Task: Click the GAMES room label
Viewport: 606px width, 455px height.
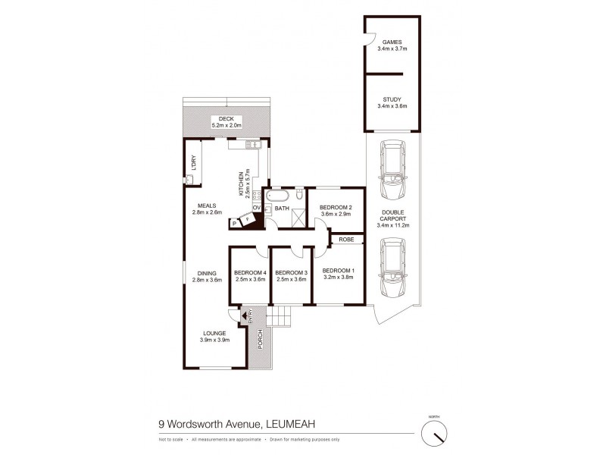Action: click(392, 42)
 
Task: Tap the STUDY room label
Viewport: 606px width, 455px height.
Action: click(392, 99)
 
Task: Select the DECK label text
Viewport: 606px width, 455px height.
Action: click(226, 119)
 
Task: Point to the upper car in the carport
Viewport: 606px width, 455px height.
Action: click(392, 171)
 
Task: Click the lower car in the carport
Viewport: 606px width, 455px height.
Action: click(392, 269)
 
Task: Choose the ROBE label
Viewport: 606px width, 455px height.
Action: click(346, 240)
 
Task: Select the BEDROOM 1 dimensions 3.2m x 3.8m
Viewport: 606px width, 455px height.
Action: click(338, 278)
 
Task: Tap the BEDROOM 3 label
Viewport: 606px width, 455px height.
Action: click(291, 273)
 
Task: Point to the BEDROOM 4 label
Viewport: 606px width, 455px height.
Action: click(250, 273)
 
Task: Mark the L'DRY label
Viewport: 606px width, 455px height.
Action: click(192, 162)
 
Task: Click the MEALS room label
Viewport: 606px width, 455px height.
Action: click(208, 206)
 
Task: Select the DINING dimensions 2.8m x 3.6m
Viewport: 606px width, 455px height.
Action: click(208, 281)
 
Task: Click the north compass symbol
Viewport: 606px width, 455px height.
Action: click(435, 433)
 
